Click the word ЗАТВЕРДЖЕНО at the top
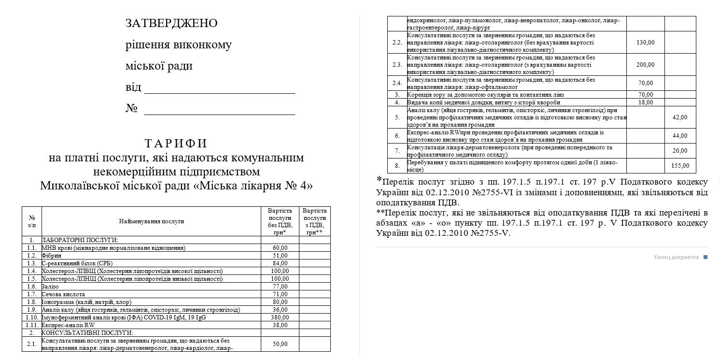(171, 23)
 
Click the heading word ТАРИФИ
(176, 144)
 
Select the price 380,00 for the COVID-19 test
(280, 317)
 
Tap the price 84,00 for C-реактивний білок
(280, 263)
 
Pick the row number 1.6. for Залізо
(32, 287)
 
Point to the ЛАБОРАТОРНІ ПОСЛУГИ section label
(80, 240)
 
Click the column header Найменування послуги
(152, 221)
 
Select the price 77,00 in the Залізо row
(280, 287)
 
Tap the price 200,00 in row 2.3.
(646, 65)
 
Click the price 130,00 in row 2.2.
(646, 43)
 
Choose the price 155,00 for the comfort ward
(680, 166)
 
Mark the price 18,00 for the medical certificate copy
(646, 102)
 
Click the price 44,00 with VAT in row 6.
(680, 136)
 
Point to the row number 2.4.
(397, 83)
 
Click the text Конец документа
(676, 257)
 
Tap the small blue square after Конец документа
(706, 257)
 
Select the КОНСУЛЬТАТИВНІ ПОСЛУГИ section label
(87, 333)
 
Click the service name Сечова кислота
(63, 294)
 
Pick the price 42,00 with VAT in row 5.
(680, 117)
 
